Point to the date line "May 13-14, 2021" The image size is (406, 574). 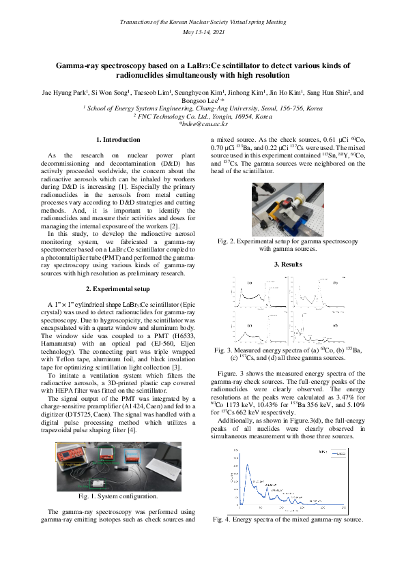[x=203, y=32]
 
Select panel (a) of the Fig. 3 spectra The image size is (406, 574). [x=259, y=294]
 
